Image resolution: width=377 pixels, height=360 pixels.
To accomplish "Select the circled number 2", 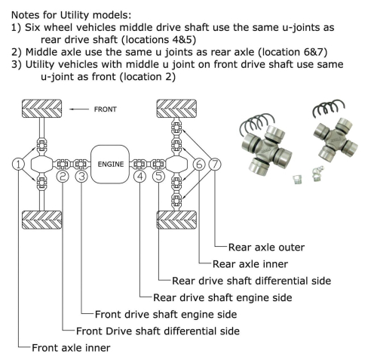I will pos(63,177).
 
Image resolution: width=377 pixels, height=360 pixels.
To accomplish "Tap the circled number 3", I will pos(81,177).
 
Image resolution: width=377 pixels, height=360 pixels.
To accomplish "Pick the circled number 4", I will pos(139,177).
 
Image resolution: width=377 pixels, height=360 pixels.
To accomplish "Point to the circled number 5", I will pos(158,177).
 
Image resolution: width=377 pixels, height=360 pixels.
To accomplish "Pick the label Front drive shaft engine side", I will pos(165,314).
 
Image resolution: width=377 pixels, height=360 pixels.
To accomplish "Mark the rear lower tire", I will pos(176,225).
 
